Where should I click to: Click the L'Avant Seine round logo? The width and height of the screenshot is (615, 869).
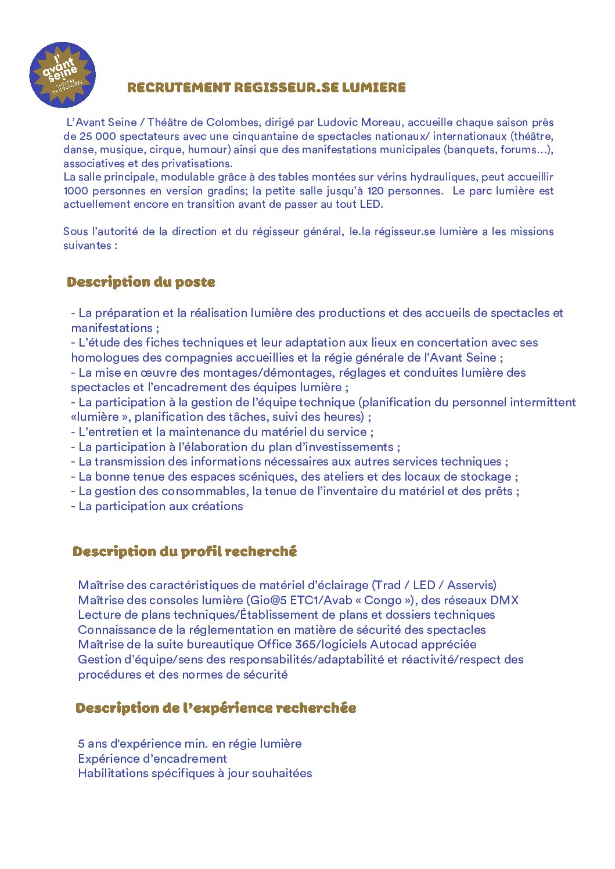click(x=62, y=74)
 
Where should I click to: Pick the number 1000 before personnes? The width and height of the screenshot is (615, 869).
click(x=75, y=191)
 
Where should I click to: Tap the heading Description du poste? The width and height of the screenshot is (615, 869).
click(x=141, y=282)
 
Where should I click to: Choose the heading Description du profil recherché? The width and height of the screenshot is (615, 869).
click(x=185, y=551)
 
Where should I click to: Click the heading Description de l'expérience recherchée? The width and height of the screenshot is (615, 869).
click(x=216, y=708)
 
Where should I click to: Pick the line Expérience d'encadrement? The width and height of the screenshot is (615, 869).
click(x=152, y=759)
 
